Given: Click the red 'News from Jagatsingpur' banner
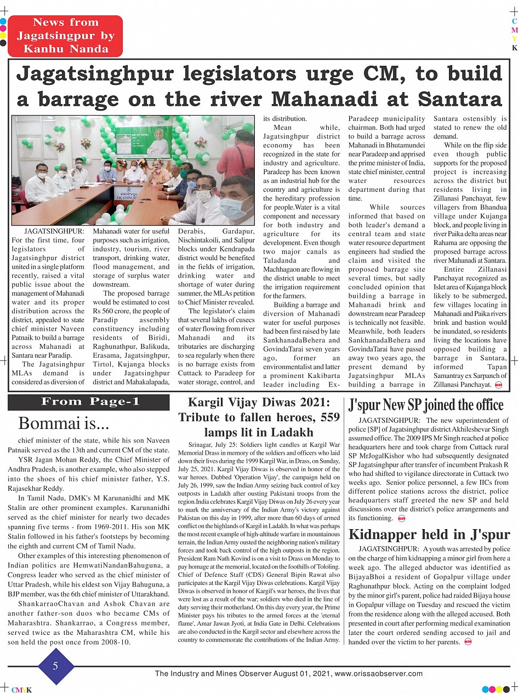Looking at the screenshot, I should (x=65, y=36).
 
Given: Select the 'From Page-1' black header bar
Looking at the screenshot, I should (x=89, y=402).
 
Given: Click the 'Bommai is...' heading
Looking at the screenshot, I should (x=64, y=423).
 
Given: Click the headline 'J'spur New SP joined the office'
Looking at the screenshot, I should (x=426, y=405).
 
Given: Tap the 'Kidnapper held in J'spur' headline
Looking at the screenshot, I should (x=429, y=535).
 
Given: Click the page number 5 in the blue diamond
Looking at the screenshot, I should (x=55, y=666).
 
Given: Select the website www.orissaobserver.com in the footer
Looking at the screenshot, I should (x=378, y=674).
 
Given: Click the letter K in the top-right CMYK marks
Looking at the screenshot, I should (x=514, y=48).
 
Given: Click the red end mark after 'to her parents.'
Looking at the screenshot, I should (x=468, y=642).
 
